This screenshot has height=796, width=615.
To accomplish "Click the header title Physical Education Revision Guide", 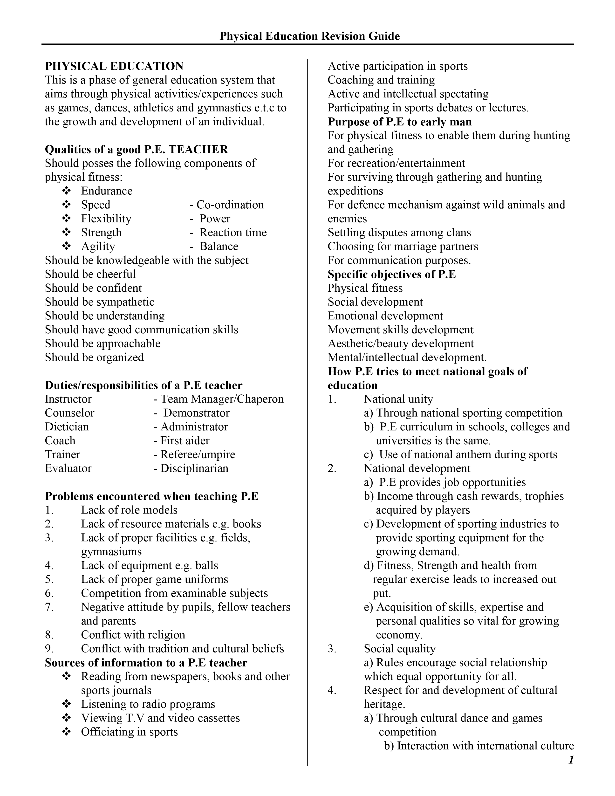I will (309, 36).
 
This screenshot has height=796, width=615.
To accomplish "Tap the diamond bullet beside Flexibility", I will (66, 219).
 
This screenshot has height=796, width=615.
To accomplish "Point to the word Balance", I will (219, 246).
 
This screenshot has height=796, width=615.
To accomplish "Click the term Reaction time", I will (233, 233).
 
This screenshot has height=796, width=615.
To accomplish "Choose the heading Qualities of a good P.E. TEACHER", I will (136, 150).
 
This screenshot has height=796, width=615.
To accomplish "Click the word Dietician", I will (67, 427).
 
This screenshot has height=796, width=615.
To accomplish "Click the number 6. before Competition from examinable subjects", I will (49, 593).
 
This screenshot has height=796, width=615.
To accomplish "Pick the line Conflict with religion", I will (133, 635).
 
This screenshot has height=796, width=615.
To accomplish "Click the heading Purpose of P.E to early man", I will (400, 122).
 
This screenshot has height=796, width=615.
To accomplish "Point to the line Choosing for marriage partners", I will (403, 246).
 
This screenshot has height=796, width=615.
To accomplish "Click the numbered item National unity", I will (398, 399).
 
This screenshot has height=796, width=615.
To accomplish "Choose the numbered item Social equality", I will (400, 649).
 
